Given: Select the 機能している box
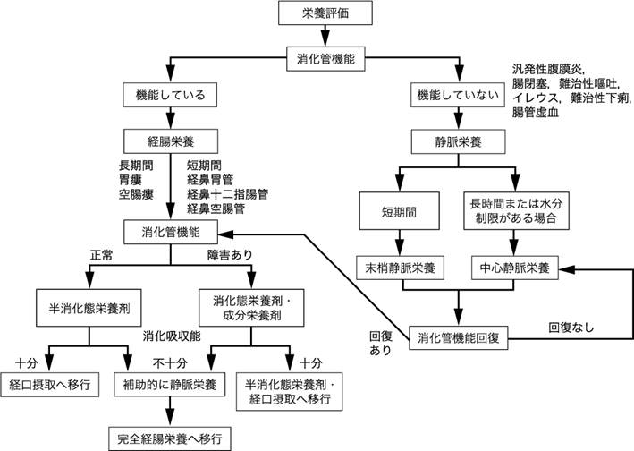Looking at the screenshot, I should tap(169, 95).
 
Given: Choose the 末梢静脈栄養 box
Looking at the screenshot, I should tap(403, 268).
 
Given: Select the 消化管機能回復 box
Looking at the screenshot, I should tap(460, 340).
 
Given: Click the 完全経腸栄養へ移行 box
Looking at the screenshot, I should tap(169, 438).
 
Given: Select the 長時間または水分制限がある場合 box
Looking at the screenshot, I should tap(513, 212).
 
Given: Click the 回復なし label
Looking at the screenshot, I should tap(570, 328).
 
